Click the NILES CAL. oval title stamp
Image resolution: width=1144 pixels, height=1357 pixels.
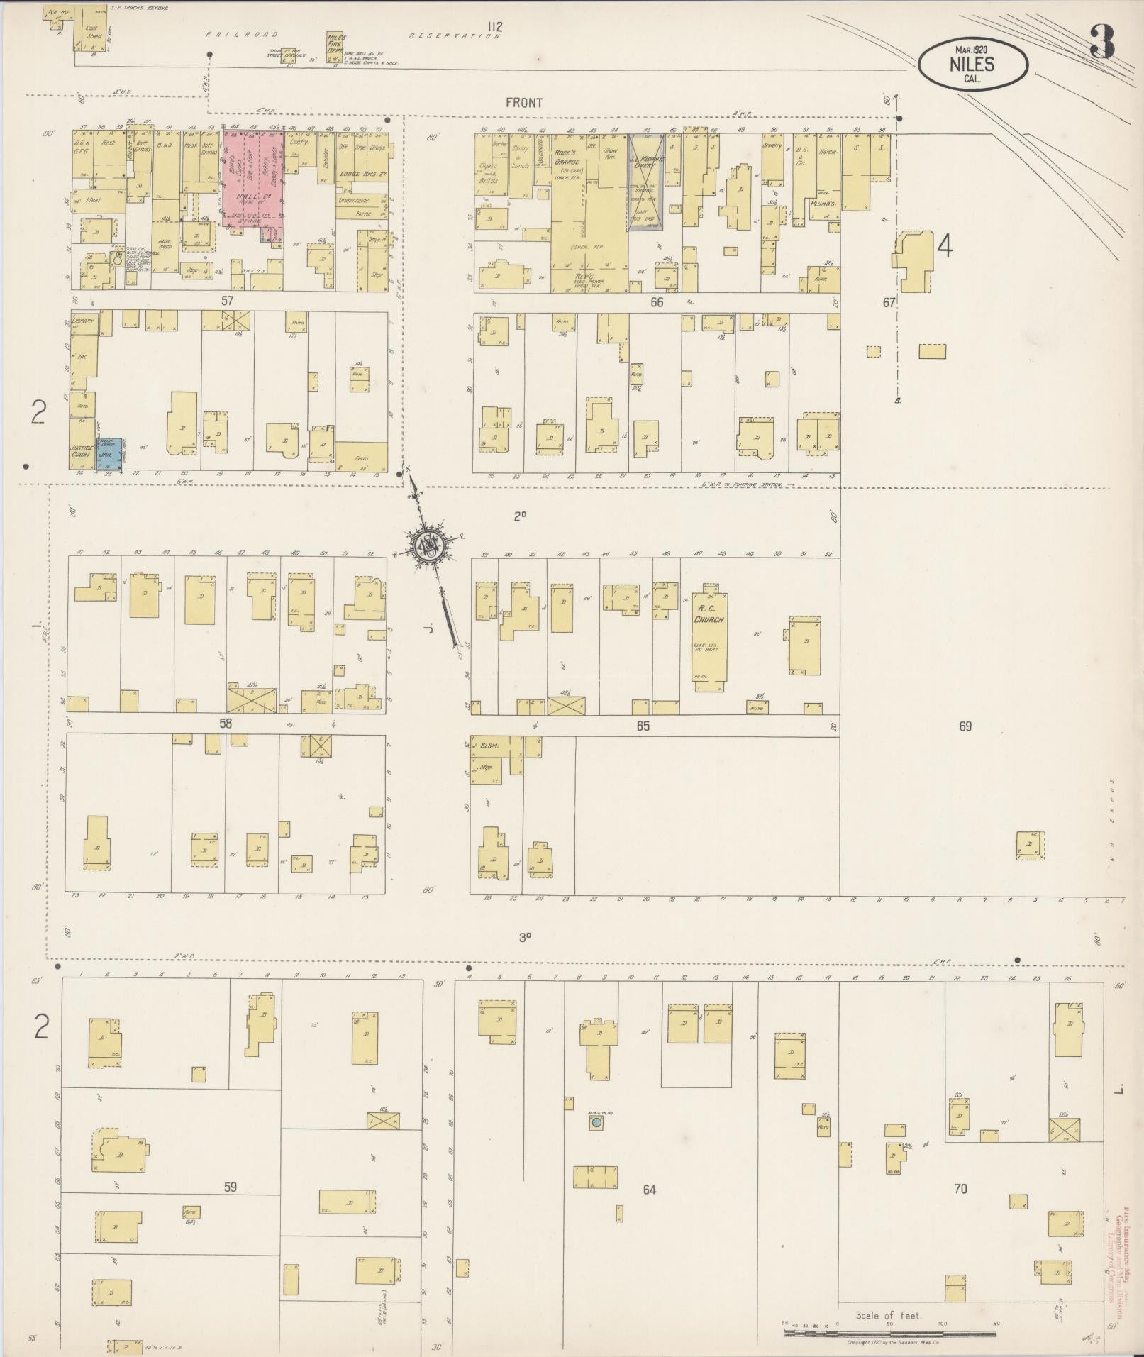972,65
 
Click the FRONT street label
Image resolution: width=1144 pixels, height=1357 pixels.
524,103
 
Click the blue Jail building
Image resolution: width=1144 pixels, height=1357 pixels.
109,453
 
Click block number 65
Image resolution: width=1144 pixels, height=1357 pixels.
643,726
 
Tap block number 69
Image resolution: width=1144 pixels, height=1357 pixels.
965,726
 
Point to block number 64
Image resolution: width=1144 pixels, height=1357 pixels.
649,1189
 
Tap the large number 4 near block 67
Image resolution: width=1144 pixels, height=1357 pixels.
944,245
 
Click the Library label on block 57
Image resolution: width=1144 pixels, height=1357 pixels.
84,321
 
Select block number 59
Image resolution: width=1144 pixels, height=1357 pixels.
229,1186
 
